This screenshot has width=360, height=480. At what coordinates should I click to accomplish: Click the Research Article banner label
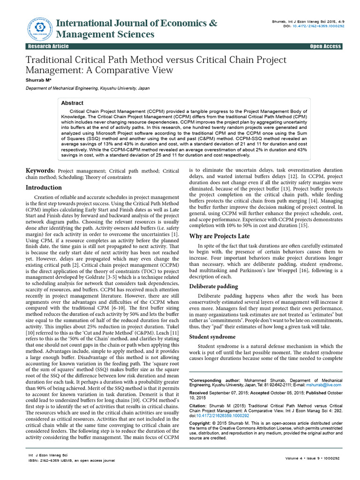(x=49, y=46)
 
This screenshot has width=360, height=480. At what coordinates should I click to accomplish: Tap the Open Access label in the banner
(x=325, y=46)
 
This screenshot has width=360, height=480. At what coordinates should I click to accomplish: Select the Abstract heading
(x=73, y=103)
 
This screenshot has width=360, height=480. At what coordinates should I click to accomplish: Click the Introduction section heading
(x=44, y=187)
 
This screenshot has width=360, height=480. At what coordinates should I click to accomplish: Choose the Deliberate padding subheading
(x=213, y=286)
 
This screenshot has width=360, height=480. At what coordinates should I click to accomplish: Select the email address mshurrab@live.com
(x=324, y=384)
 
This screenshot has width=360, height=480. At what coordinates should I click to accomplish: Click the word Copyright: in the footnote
(x=201, y=423)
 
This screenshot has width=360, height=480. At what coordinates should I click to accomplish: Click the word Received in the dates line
(x=200, y=392)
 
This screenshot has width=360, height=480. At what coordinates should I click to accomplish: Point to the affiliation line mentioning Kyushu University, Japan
(x=81, y=88)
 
